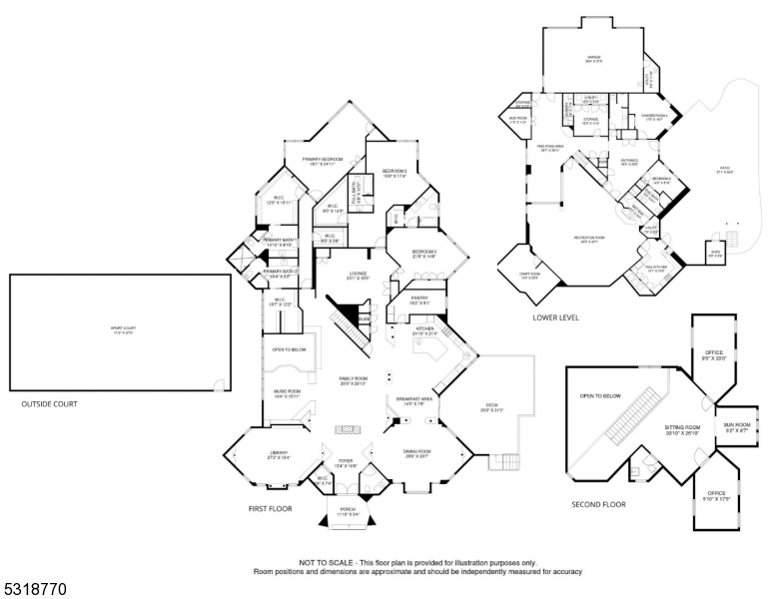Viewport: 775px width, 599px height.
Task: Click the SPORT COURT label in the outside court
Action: [119, 328]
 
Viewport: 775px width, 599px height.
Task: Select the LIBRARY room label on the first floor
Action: [278, 454]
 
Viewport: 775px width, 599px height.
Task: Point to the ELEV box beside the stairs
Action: [365, 318]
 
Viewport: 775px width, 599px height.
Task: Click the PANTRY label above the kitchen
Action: [419, 297]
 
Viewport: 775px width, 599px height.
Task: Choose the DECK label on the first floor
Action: [489, 406]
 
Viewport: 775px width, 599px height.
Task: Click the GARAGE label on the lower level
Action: [593, 59]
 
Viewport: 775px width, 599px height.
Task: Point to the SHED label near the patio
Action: [715, 255]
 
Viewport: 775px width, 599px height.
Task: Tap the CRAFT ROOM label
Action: [529, 275]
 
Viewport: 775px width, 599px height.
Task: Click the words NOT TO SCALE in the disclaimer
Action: [326, 562]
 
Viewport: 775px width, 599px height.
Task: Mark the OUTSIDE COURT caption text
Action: [49, 404]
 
